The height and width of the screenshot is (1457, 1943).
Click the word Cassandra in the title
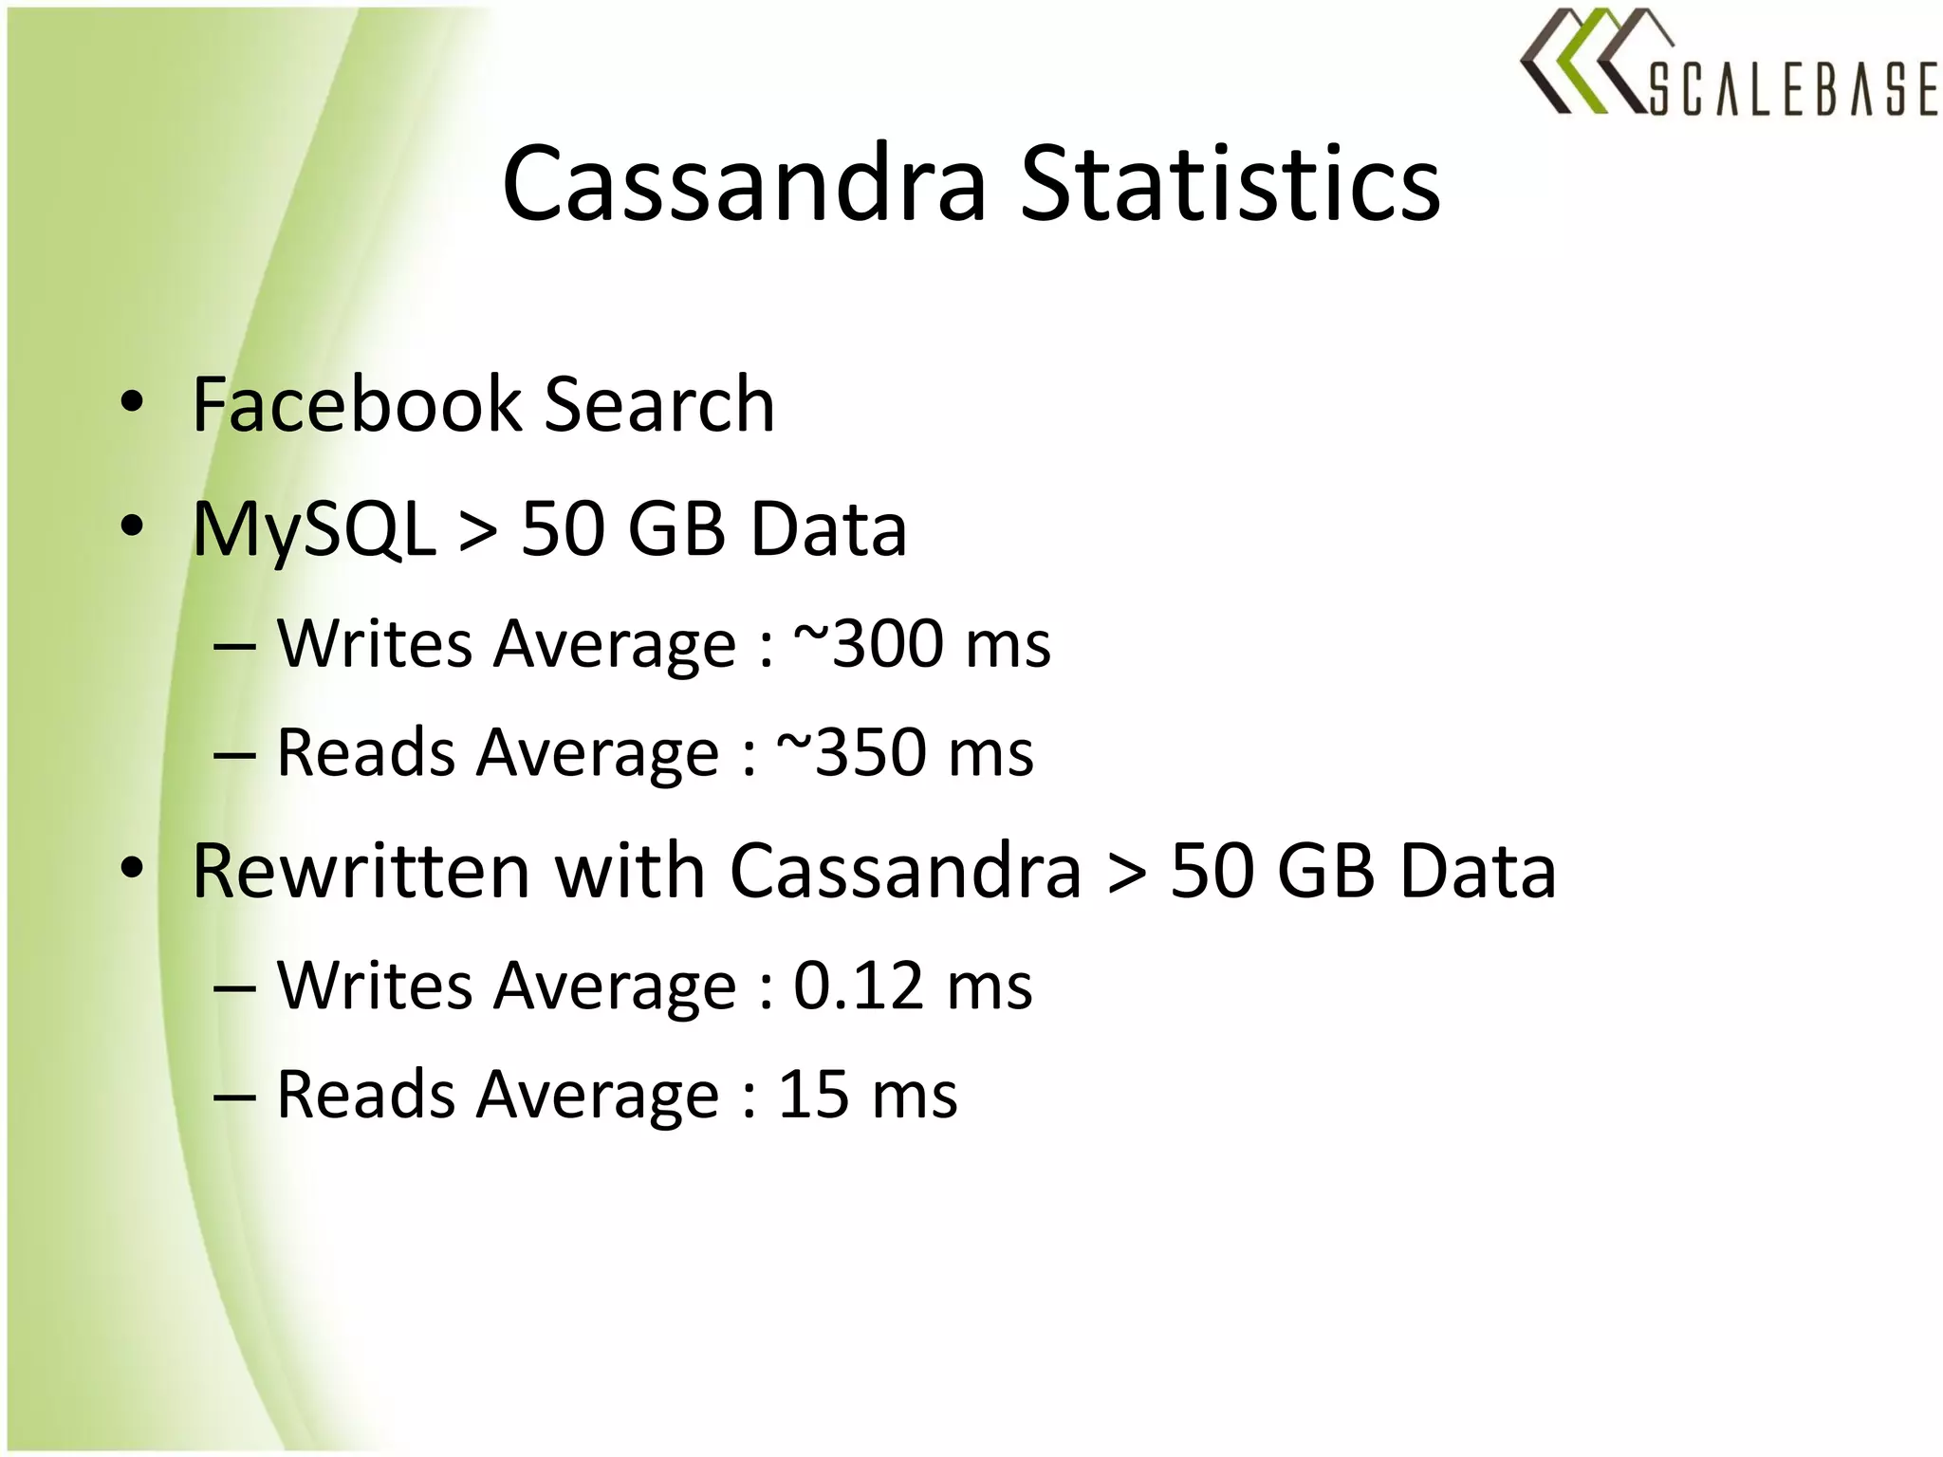pos(745,184)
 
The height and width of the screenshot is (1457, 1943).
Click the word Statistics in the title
pos(1230,184)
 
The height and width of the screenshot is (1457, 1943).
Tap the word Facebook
pos(357,405)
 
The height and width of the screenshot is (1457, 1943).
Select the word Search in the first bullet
pos(659,405)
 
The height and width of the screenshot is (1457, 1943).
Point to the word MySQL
pos(313,530)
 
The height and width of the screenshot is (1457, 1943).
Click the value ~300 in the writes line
pos(868,644)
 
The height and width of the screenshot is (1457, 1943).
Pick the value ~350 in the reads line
pos(851,753)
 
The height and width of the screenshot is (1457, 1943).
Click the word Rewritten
pos(361,871)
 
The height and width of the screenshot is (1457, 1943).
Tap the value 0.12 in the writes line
pos(859,987)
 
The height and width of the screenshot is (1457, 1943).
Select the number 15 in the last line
pos(813,1096)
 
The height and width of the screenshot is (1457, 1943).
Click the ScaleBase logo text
pos(1792,91)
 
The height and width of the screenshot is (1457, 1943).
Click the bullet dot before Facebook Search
pos(133,402)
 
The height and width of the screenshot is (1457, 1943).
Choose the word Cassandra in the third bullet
pos(905,871)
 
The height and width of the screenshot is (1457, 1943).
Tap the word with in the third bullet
pos(629,871)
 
